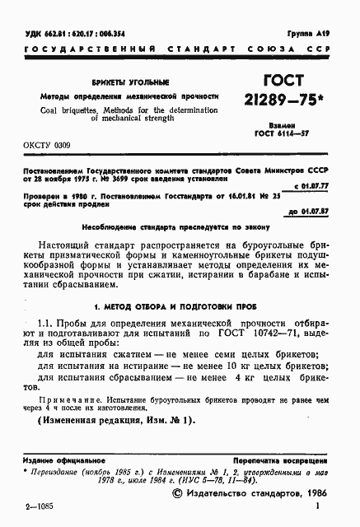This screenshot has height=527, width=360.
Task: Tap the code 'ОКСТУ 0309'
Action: pyautogui.click(x=47, y=146)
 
